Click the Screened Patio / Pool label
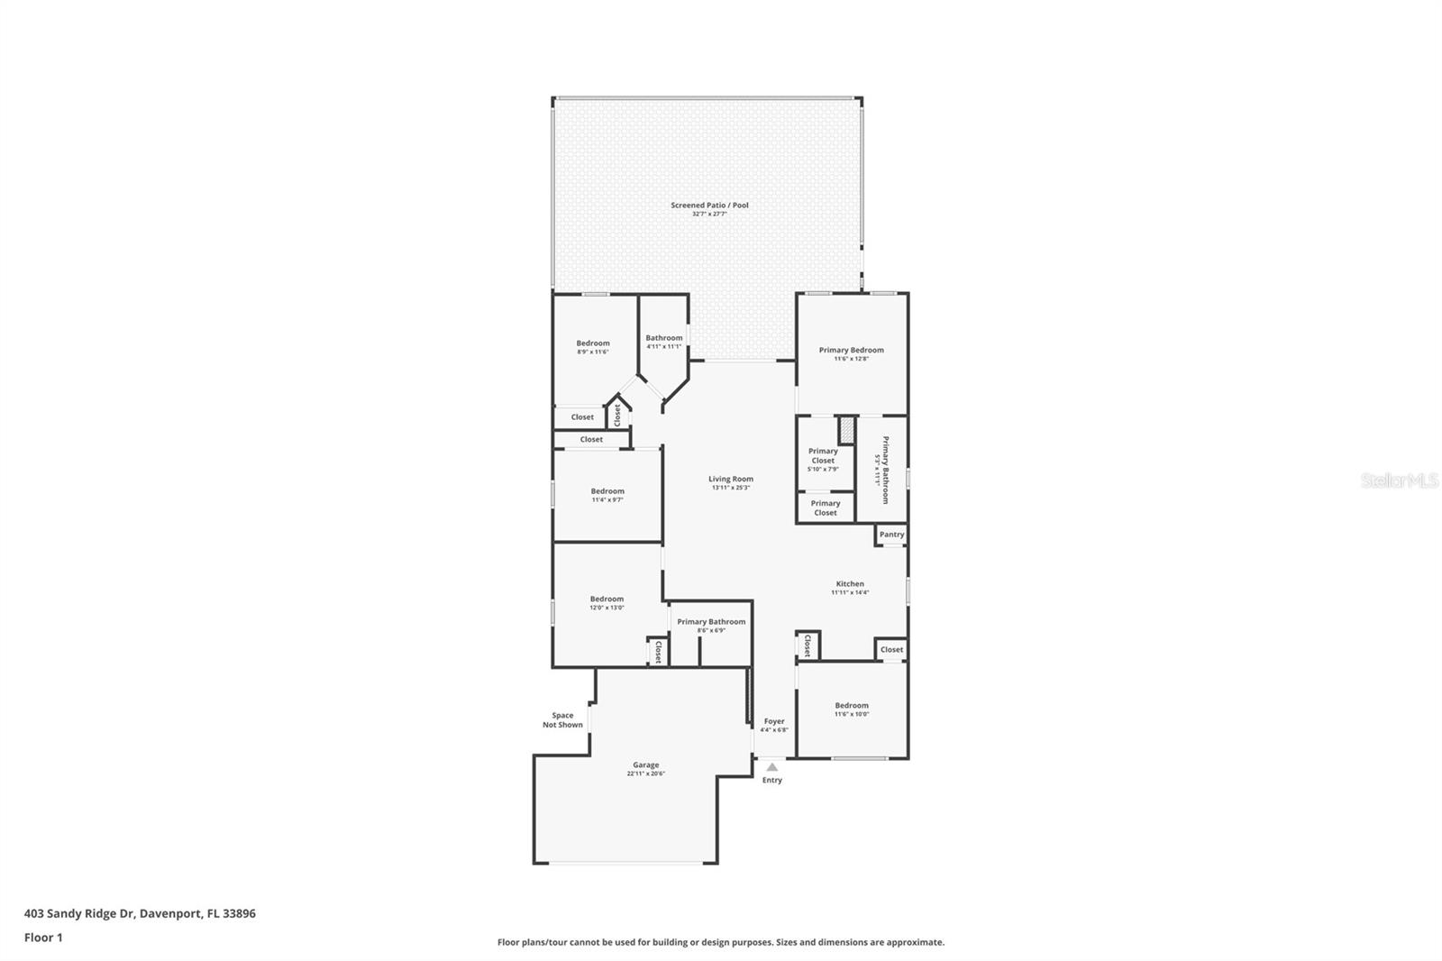point(709,206)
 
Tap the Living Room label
point(730,480)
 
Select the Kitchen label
point(849,584)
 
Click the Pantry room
point(891,535)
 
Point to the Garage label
point(645,765)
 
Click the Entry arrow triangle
point(771,767)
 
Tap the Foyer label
point(774,721)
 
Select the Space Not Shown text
point(562,720)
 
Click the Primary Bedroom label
point(851,350)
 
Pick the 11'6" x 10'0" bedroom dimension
point(852,714)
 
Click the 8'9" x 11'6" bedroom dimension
point(593,352)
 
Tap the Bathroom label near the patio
point(663,338)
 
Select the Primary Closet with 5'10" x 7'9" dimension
point(823,456)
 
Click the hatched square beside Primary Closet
point(846,429)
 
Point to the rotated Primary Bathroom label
point(885,470)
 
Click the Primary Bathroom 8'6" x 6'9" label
point(711,622)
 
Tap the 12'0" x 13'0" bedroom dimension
point(607,608)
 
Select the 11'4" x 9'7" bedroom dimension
point(607,499)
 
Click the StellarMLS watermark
point(1399,481)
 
